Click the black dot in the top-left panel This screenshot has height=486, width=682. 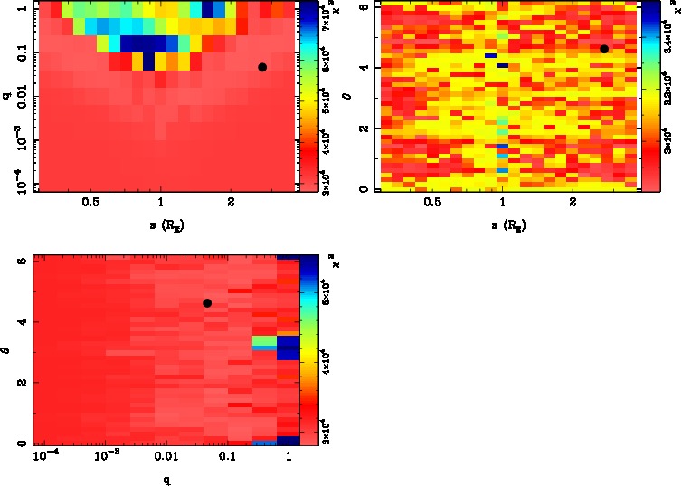click(x=262, y=67)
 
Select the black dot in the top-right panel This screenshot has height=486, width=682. click(x=604, y=49)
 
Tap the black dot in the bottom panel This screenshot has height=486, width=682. click(x=207, y=303)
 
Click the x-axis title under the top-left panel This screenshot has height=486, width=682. click(x=161, y=223)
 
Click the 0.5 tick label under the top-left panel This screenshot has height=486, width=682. click(x=90, y=205)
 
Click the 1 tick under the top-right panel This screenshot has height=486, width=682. click(x=503, y=205)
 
